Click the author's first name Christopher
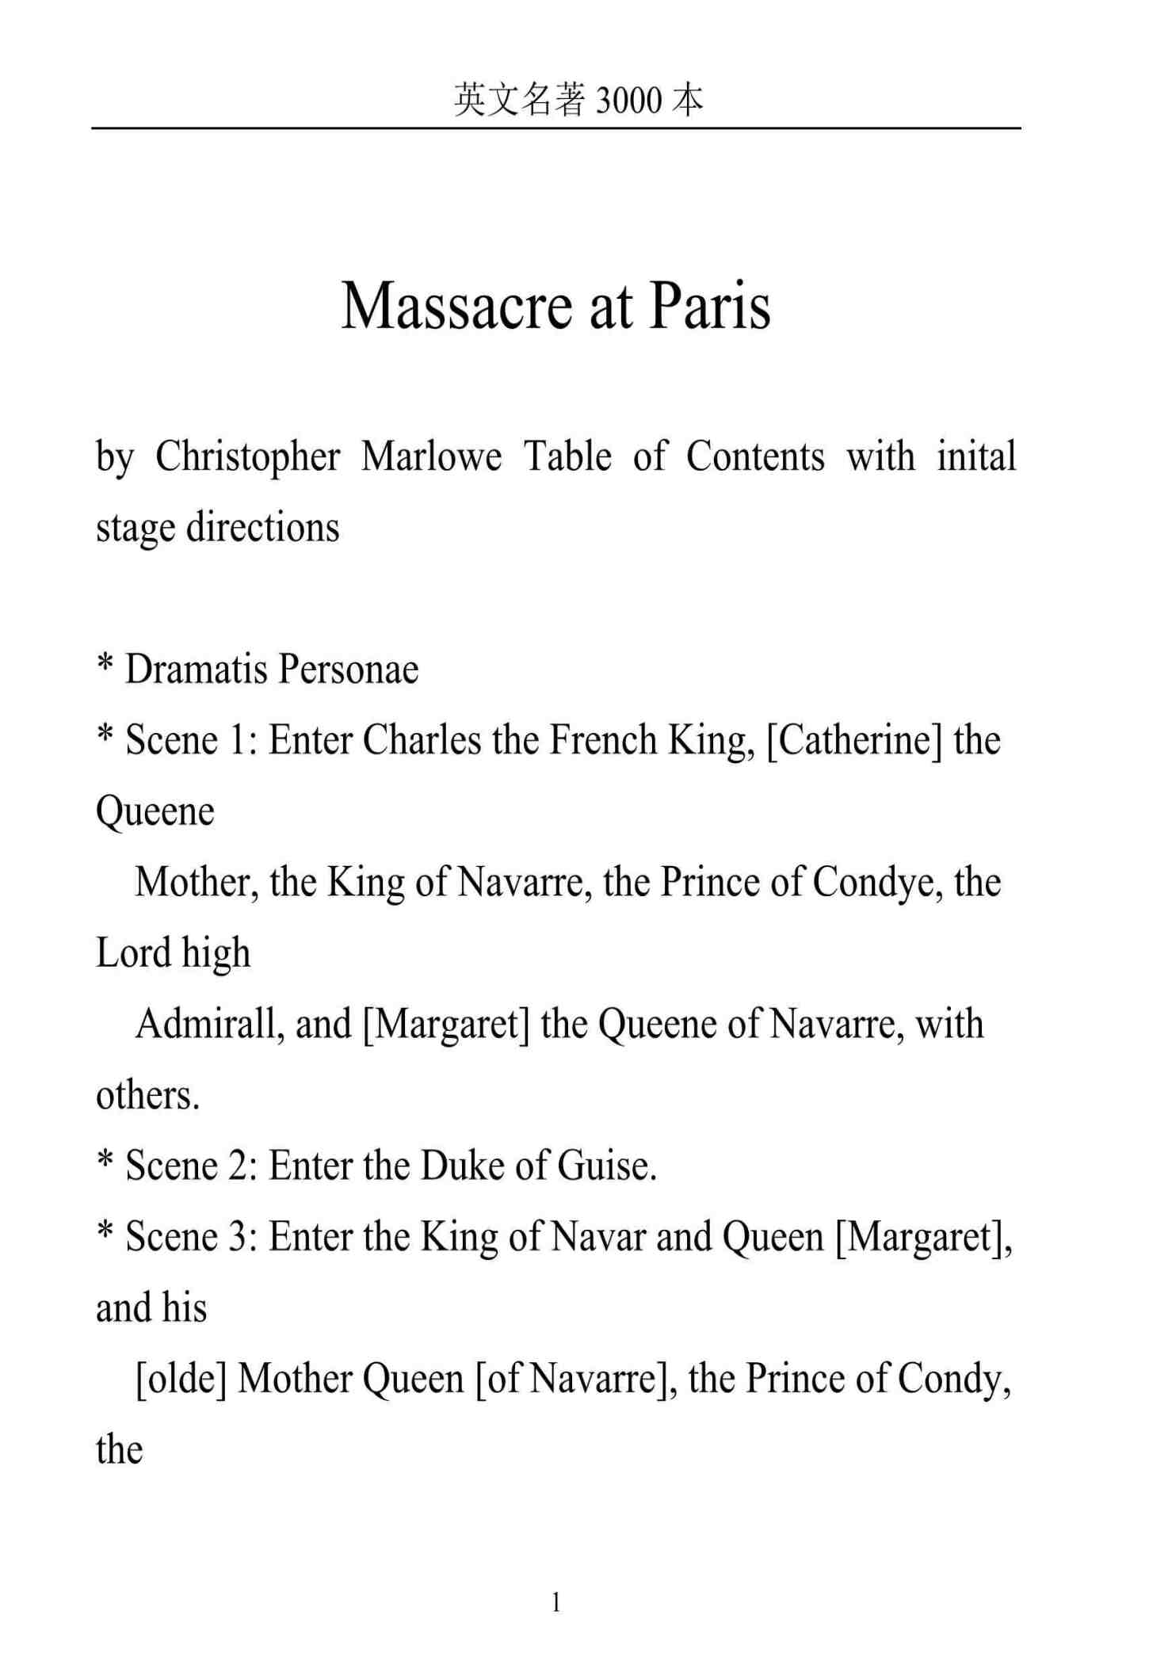point(247,457)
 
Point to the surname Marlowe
point(432,457)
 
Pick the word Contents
point(755,457)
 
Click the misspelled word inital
point(976,457)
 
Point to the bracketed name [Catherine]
point(854,740)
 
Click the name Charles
point(422,740)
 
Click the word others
point(147,1095)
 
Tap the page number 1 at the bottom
point(556,1602)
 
